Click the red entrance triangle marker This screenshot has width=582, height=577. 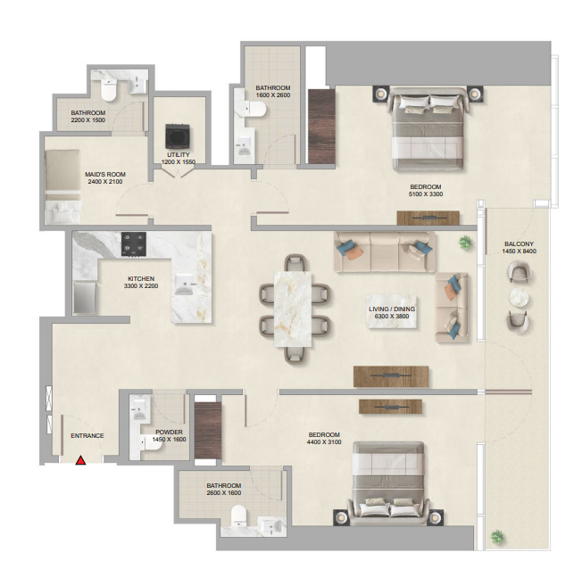[x=81, y=460]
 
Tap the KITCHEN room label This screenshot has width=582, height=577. [x=141, y=278]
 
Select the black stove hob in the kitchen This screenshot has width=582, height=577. [x=134, y=244]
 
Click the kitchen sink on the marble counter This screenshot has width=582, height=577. [x=185, y=284]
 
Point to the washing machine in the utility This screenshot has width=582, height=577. [x=178, y=136]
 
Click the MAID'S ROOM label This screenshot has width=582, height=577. [x=105, y=174]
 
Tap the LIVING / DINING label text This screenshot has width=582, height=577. [x=392, y=309]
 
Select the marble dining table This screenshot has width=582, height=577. [x=293, y=309]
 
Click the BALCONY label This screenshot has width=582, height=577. [x=519, y=244]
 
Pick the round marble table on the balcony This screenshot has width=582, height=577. [x=519, y=297]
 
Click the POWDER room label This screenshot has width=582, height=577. [x=169, y=432]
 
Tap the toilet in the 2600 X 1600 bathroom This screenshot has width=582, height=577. [x=238, y=515]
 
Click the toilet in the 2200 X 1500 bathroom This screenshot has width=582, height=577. [x=109, y=91]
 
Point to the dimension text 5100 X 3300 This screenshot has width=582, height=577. [x=426, y=194]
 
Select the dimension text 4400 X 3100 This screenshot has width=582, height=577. [x=324, y=442]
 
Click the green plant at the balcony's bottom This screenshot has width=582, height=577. [x=497, y=536]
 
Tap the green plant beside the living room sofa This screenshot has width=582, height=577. [x=465, y=243]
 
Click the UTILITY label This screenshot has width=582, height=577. [x=179, y=154]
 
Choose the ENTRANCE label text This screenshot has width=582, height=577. [x=87, y=436]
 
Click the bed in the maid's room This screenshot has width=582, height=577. [x=62, y=186]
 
